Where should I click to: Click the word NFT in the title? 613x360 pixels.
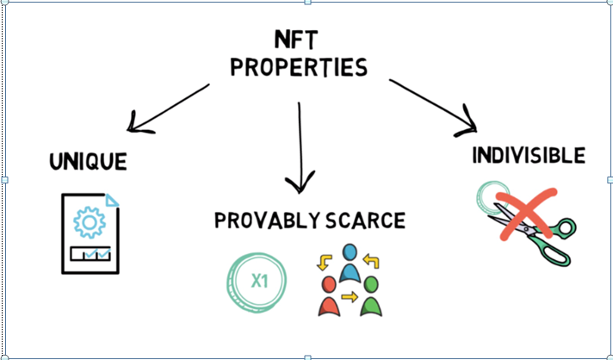[298, 39]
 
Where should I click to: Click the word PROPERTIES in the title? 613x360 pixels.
[298, 66]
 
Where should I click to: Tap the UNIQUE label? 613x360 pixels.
[89, 160]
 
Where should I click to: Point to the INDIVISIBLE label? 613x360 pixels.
[529, 156]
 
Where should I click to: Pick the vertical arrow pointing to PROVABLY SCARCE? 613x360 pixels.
[300, 146]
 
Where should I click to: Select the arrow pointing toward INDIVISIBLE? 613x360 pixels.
[434, 106]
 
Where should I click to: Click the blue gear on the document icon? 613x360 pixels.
[89, 222]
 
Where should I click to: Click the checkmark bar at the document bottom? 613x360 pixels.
[90, 254]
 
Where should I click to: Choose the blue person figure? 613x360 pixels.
[350, 263]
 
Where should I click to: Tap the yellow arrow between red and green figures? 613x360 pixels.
[349, 298]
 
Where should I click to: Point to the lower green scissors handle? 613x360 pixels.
[556, 255]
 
